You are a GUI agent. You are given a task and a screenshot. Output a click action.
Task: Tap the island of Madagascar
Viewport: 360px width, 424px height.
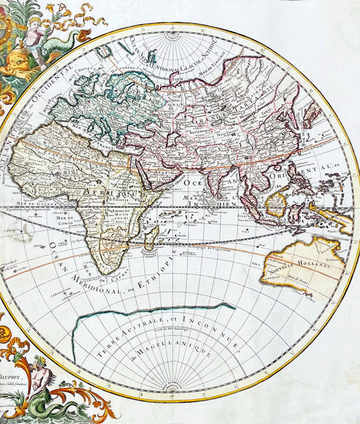tap(149, 238)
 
